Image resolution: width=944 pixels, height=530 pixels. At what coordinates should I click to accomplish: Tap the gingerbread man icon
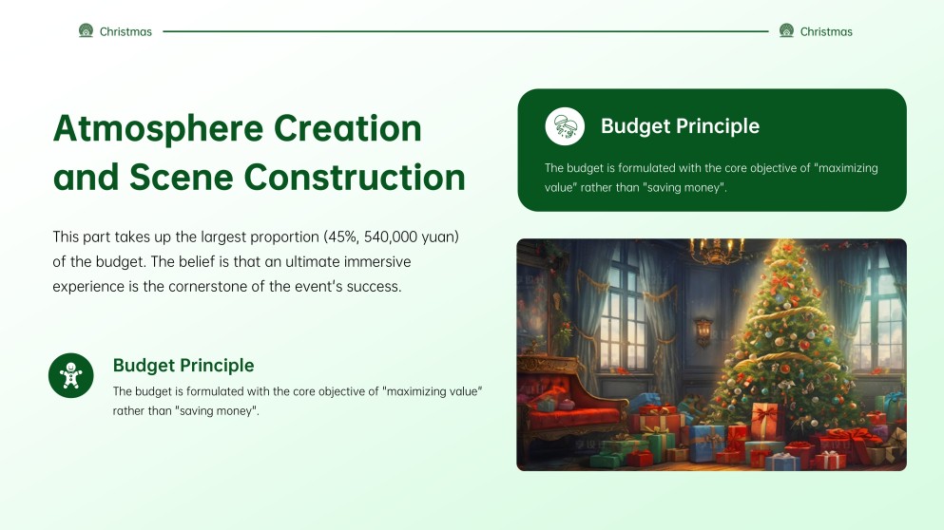pyautogui.click(x=71, y=375)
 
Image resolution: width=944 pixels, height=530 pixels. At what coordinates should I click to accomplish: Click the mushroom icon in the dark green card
pyautogui.click(x=565, y=126)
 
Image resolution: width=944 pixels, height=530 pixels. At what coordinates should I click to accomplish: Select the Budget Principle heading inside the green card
pyautogui.click(x=680, y=126)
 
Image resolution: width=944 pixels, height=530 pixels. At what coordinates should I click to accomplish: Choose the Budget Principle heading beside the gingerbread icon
pyautogui.click(x=183, y=365)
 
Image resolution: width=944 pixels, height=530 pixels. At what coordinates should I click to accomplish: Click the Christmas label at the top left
pyautogui.click(x=125, y=31)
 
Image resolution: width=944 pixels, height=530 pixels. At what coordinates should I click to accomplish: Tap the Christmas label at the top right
pyautogui.click(x=826, y=31)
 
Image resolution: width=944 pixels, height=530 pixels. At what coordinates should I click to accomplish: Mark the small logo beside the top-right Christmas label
pyautogui.click(x=786, y=31)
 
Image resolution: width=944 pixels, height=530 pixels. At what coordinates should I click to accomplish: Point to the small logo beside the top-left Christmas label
pyautogui.click(x=86, y=31)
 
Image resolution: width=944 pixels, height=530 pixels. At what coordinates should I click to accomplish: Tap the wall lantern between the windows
pyautogui.click(x=703, y=331)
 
